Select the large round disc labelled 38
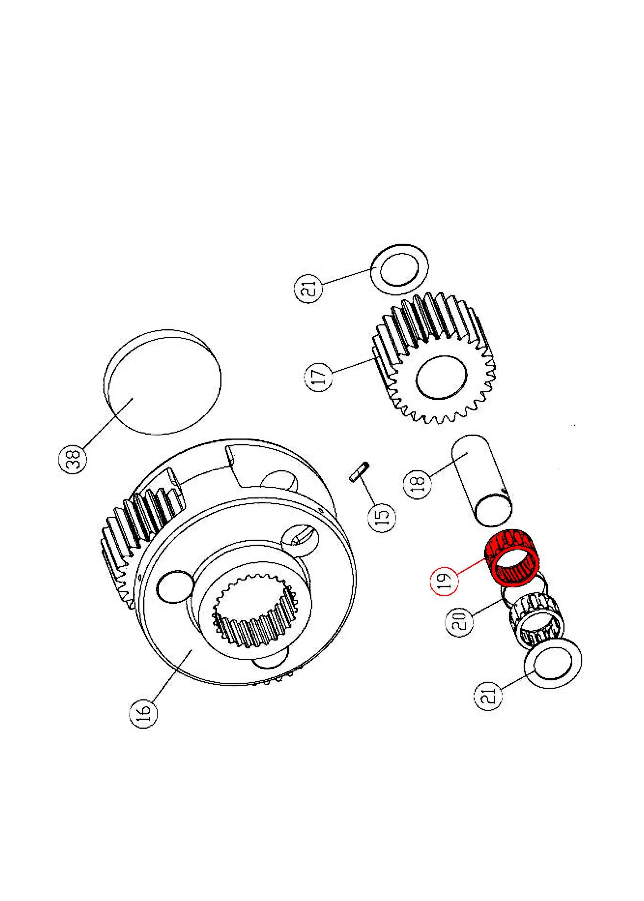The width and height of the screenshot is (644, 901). pos(162,383)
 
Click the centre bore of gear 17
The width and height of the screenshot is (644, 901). pos(441,377)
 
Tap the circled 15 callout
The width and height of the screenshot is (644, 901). pos(382,518)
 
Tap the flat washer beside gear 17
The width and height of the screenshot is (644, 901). pos(399,270)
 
